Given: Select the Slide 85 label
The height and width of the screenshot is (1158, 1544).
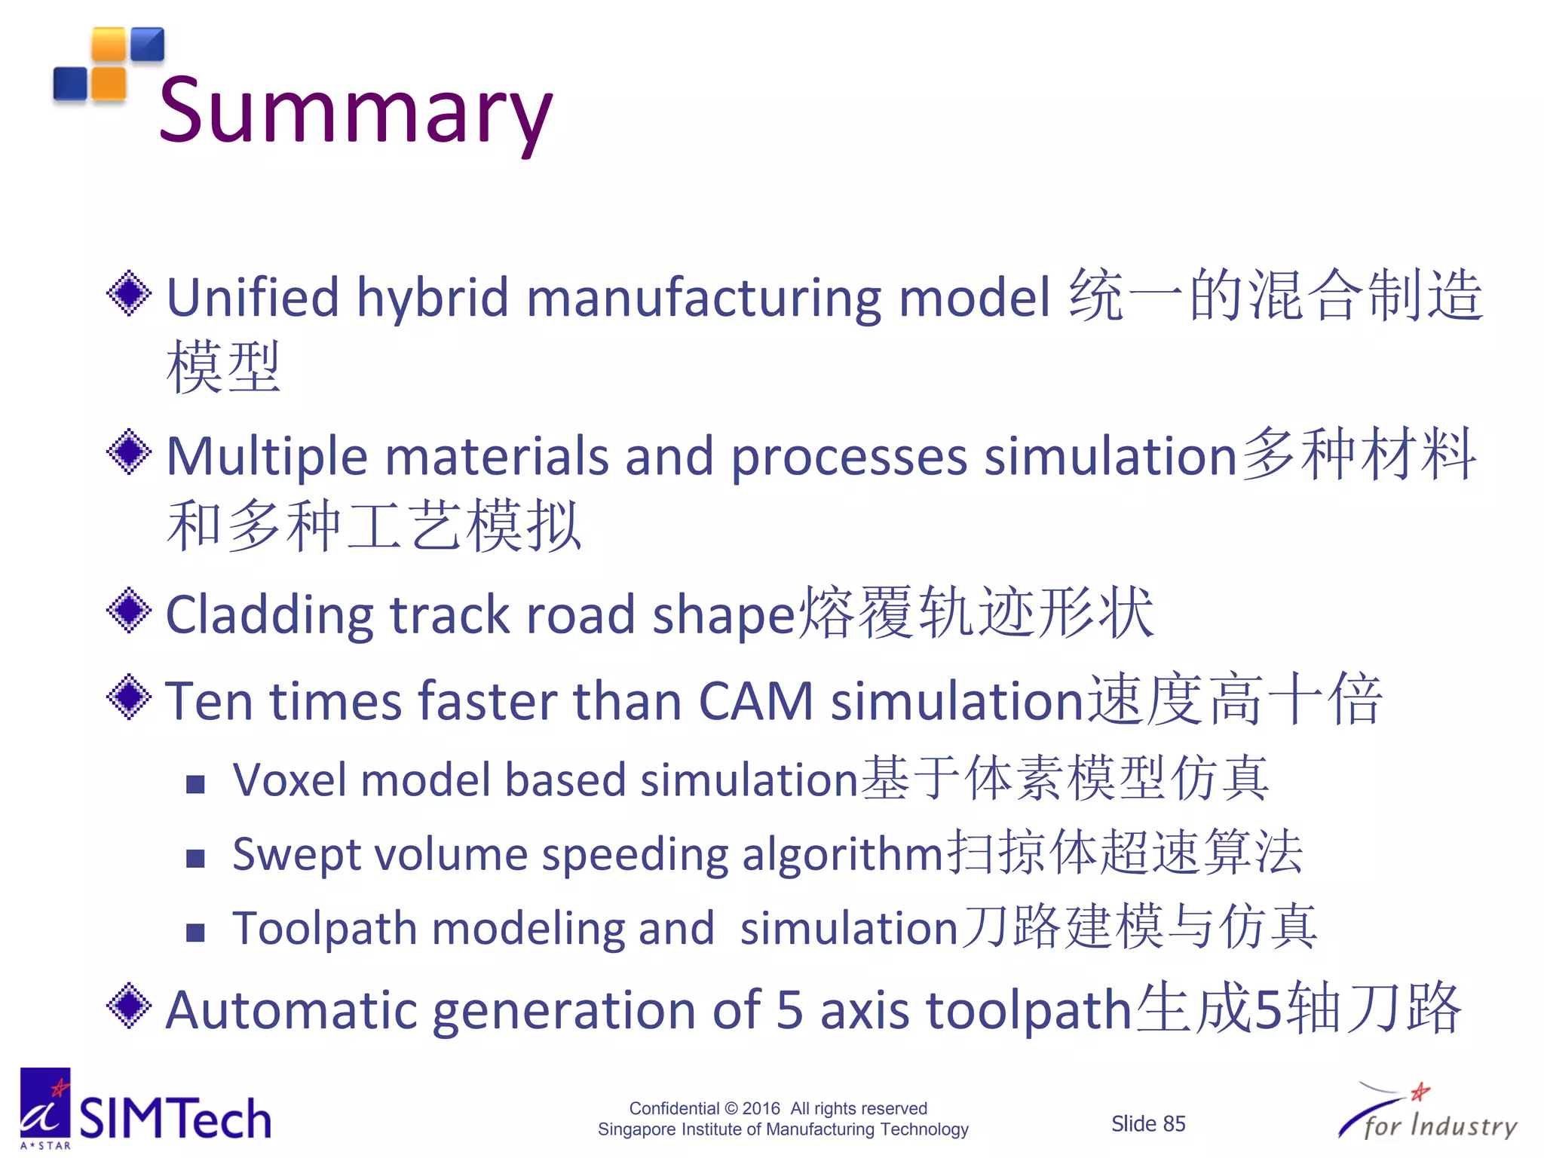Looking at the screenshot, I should (1147, 1123).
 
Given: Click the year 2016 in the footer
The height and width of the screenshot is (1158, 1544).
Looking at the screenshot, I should (761, 1108).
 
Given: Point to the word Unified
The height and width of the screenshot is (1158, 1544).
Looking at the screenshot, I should (253, 297).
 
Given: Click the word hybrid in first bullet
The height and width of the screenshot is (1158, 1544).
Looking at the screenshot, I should (433, 299).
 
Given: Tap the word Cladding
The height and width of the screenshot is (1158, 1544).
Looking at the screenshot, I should (269, 615).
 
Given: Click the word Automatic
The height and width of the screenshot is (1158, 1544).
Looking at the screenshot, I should (290, 1010).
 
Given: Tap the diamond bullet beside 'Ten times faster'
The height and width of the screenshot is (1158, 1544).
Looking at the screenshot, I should (130, 697).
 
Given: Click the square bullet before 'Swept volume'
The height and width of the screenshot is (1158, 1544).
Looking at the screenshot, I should (195, 858).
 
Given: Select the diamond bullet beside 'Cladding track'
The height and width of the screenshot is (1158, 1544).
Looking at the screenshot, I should (130, 611).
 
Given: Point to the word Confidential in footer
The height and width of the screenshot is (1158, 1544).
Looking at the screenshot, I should (674, 1108).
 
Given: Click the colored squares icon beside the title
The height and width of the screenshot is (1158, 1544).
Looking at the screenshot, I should (109, 65).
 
